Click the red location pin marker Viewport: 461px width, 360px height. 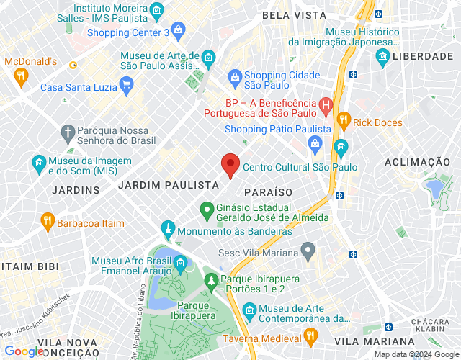[x=230, y=165]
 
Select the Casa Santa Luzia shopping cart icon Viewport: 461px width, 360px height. [x=126, y=87]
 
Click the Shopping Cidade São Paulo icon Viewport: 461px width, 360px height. [x=234, y=76]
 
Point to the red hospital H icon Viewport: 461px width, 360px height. [x=325, y=107]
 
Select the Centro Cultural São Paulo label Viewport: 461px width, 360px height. [x=300, y=167]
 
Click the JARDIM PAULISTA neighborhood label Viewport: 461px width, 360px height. [x=168, y=185]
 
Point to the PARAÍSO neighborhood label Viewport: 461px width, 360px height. [x=268, y=192]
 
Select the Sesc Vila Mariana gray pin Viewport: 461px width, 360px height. [x=308, y=253]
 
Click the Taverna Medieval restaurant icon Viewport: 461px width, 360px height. [x=311, y=335]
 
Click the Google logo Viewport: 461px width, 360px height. [x=23, y=351]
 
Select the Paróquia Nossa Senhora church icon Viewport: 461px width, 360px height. [x=68, y=132]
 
